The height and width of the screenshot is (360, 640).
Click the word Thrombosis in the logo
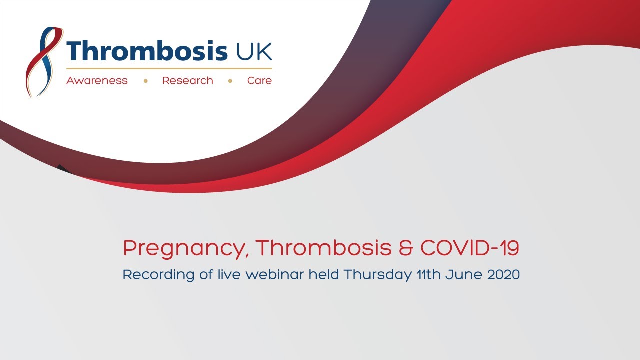point(147,50)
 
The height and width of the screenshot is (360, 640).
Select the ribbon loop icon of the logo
point(44,62)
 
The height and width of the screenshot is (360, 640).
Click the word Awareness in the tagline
point(97,81)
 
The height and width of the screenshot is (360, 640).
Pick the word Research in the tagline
point(187,81)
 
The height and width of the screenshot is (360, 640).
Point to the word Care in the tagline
point(259,81)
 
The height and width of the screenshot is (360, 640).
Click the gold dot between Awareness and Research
point(145,81)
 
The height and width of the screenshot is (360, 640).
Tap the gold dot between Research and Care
point(230,81)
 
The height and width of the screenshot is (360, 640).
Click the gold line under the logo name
point(169,69)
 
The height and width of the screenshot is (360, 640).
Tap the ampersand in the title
point(406,248)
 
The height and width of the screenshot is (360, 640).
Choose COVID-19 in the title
point(470,247)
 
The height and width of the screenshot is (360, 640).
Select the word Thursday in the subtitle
point(378,275)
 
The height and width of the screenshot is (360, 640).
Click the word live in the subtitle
point(229,275)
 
